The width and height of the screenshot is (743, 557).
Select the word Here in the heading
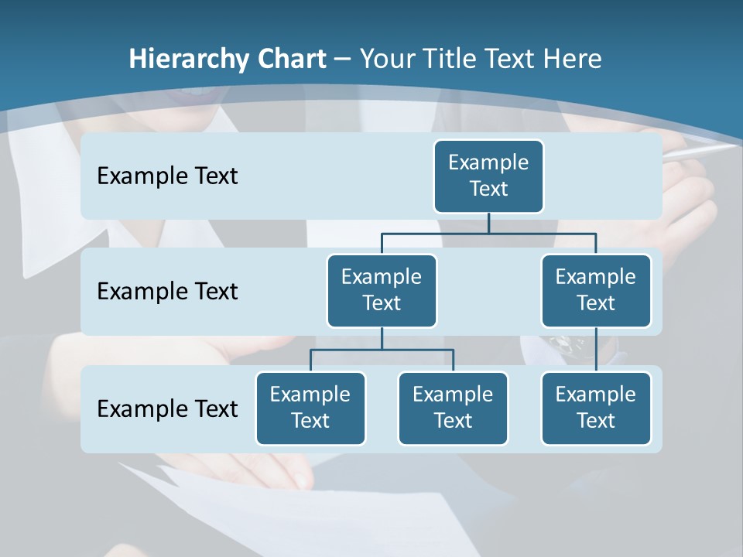click(x=574, y=59)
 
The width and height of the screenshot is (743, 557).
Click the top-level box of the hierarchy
click(x=488, y=176)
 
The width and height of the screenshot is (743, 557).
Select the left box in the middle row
click(x=382, y=291)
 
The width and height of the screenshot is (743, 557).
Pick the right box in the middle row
click(x=596, y=291)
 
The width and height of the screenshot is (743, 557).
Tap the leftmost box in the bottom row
click(x=310, y=408)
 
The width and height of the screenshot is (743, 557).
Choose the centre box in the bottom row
click(x=453, y=408)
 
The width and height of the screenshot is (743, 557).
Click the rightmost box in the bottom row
click(x=596, y=408)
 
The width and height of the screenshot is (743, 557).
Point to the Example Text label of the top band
click(x=167, y=176)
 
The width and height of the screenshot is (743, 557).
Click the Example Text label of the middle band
click(x=167, y=292)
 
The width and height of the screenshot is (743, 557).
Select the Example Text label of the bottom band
click(x=167, y=408)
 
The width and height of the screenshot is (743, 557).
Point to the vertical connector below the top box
click(x=488, y=223)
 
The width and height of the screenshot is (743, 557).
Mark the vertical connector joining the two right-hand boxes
click(x=596, y=350)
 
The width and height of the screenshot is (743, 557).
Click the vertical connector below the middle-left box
click(x=382, y=339)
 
